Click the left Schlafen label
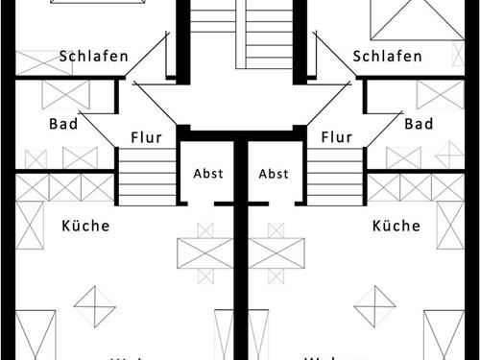pyautogui.click(x=93, y=57)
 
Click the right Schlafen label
pyautogui.click(x=387, y=57)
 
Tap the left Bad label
pyautogui.click(x=62, y=124)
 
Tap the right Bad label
pyautogui.click(x=419, y=124)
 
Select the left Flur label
pyautogui.click(x=145, y=137)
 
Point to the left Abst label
pyautogui.click(x=207, y=174)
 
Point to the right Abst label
pyautogui.click(x=274, y=174)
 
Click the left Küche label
pyautogui.click(x=85, y=227)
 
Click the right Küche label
pyautogui.click(x=396, y=227)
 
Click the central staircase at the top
pyautogui.click(x=240, y=34)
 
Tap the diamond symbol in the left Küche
pyautogui.click(x=94, y=307)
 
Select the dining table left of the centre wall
pyautogui.click(x=204, y=253)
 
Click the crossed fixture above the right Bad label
pyautogui.click(x=440, y=95)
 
